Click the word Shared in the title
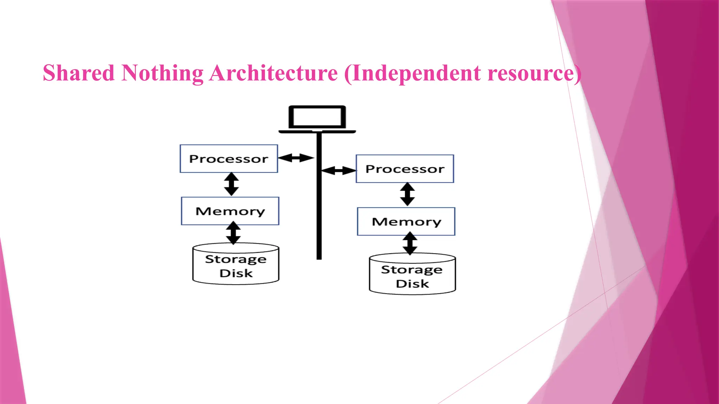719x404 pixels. pos(79,73)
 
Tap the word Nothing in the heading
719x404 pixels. pos(162,73)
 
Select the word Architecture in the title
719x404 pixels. pos(273,73)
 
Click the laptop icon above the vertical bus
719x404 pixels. pos(317,119)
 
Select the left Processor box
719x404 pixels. pos(229,159)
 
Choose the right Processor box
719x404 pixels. pos(405,169)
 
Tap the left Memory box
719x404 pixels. pos(230,211)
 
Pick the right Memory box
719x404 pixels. pos(406,221)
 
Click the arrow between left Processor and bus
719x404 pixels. pos(296,158)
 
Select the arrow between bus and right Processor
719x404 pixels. pos(338,171)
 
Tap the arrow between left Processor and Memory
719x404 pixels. pos(231,184)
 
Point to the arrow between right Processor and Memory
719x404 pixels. pos(407,194)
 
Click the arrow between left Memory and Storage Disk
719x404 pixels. pos(233,233)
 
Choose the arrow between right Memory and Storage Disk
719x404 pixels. pos(410,243)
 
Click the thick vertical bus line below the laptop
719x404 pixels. pos(319,210)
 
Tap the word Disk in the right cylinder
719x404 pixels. pos(413,283)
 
